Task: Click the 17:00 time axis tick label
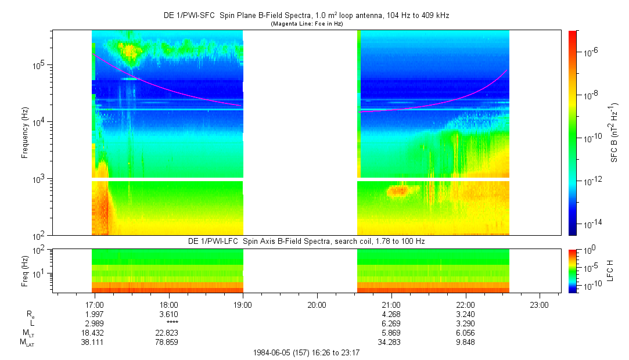(x=94, y=304)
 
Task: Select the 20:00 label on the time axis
(x=317, y=304)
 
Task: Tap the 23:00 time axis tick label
(x=540, y=304)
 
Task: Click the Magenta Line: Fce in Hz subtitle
(x=307, y=24)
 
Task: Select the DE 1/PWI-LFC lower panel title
(x=307, y=241)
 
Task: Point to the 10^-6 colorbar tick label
(x=588, y=52)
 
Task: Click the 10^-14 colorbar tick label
(x=588, y=224)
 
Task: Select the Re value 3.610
(x=168, y=314)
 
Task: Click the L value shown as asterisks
(x=172, y=323)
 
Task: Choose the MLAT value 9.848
(x=466, y=342)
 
